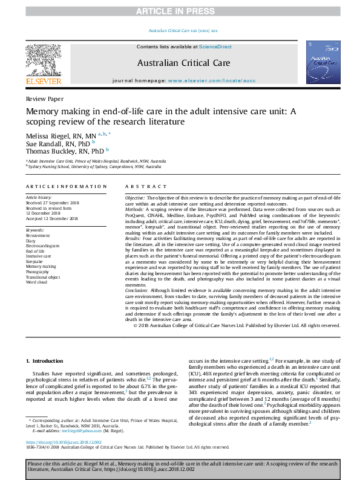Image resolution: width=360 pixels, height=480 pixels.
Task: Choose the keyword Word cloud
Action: [37, 282]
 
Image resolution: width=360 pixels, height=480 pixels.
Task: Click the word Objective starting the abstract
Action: [134, 198]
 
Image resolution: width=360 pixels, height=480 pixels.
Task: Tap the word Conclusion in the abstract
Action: [136, 290]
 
